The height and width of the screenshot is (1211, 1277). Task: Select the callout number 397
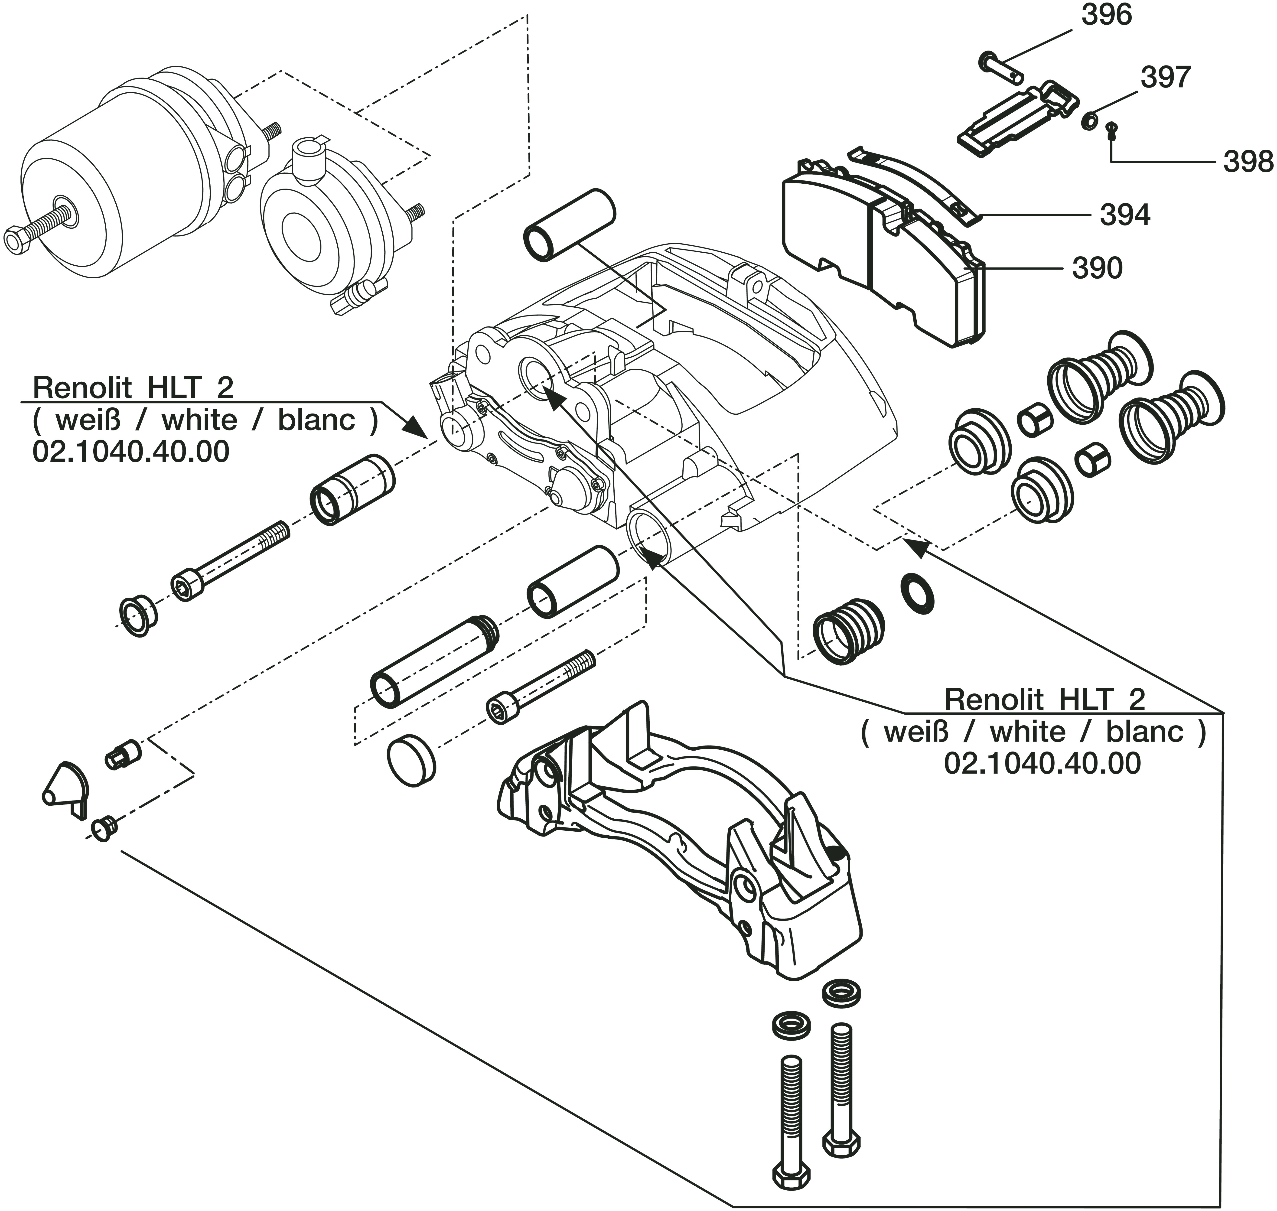point(1165,78)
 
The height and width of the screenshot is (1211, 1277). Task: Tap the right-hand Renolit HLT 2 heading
point(1045,699)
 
